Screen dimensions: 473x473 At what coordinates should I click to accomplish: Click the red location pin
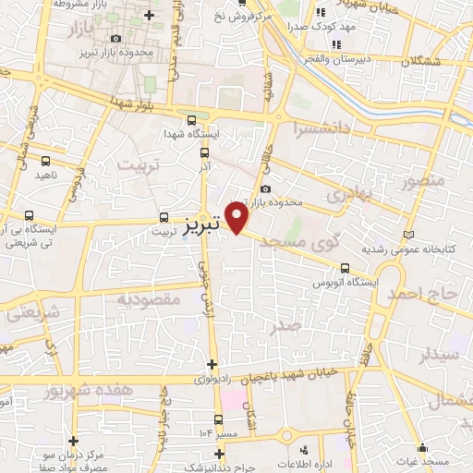237,220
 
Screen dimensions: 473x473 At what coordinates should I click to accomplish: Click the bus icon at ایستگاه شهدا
191,120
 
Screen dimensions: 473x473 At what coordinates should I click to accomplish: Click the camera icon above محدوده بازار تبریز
115,38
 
